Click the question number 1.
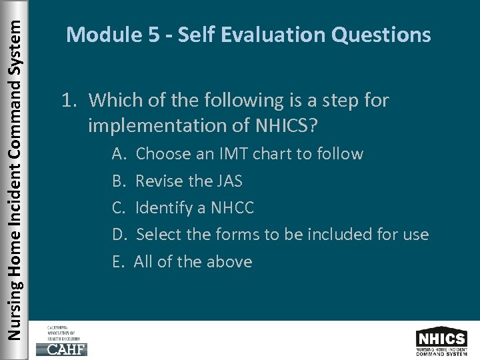(x=67, y=101)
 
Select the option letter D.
(x=119, y=235)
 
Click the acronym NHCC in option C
(x=232, y=208)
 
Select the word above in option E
(x=229, y=261)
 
